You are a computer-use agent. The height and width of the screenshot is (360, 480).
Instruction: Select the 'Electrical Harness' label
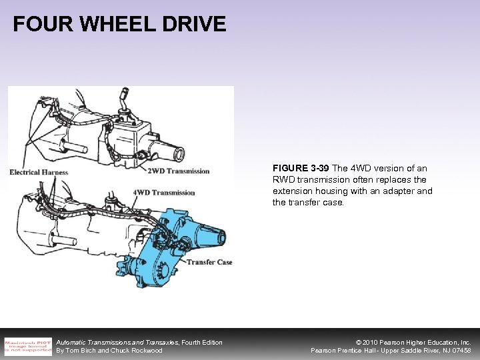(x=39, y=172)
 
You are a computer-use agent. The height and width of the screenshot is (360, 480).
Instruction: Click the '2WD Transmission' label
(x=178, y=171)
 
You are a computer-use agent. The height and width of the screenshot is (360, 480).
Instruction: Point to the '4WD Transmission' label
(x=164, y=193)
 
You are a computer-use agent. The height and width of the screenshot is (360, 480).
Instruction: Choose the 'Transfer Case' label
(x=209, y=262)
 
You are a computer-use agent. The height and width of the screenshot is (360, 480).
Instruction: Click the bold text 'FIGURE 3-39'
(x=299, y=168)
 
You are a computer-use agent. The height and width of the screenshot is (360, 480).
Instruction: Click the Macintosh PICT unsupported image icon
(x=27, y=345)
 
